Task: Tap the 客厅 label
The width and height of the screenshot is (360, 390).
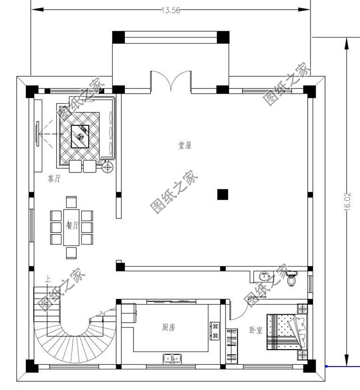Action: tap(54, 179)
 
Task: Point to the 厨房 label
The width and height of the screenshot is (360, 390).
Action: tap(168, 328)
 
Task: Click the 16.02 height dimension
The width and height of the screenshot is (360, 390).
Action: tap(348, 202)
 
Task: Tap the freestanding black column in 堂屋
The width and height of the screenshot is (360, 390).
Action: tap(222, 194)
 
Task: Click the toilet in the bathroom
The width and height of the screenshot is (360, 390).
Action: tap(291, 279)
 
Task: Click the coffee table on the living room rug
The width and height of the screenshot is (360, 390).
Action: tap(81, 136)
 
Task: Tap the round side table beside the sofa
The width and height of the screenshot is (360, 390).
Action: tap(108, 167)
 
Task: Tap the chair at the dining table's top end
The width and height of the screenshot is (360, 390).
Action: tap(72, 202)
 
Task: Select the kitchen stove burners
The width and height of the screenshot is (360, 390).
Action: tap(215, 331)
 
